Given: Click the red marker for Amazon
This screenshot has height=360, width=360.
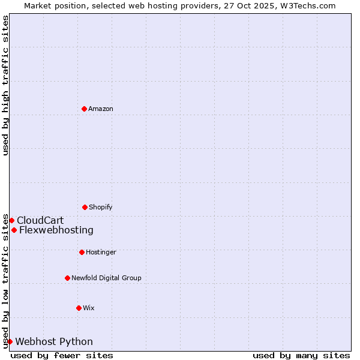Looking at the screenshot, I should pyautogui.click(x=84, y=109).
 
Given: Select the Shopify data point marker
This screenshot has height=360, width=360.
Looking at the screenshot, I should pyautogui.click(x=85, y=207).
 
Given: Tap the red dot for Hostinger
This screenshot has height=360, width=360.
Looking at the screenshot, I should pyautogui.click(x=82, y=252).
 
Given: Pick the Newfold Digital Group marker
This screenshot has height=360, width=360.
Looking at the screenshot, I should pyautogui.click(x=67, y=278).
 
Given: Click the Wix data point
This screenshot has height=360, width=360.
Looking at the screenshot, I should pyautogui.click(x=79, y=308).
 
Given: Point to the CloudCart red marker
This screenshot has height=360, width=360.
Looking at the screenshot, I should pyautogui.click(x=11, y=220).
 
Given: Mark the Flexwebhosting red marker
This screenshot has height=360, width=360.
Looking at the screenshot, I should pyautogui.click(x=14, y=230).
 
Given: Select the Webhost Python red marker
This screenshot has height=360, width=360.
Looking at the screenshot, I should pyautogui.click(x=10, y=341).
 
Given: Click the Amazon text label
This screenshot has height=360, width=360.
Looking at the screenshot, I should pyautogui.click(x=101, y=109).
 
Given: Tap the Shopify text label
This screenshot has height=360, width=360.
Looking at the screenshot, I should pyautogui.click(x=101, y=207).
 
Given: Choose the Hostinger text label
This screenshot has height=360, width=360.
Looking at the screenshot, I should pyautogui.click(x=101, y=252).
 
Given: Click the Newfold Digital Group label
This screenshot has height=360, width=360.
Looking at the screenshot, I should pyautogui.click(x=106, y=278).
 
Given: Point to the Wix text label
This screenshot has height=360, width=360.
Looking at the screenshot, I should pyautogui.click(x=89, y=308).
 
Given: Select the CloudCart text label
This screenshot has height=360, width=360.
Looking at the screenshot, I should pyautogui.click(x=40, y=220).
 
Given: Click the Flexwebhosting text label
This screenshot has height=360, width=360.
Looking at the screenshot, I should pyautogui.click(x=56, y=230).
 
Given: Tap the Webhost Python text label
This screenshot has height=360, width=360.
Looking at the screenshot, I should pyautogui.click(x=54, y=341).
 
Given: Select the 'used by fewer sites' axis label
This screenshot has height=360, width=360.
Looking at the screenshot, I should pyautogui.click(x=62, y=355).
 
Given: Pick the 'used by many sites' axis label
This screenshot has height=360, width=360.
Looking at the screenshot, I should pyautogui.click(x=301, y=355).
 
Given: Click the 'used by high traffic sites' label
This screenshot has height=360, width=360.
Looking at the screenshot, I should pyautogui.click(x=5, y=85).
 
